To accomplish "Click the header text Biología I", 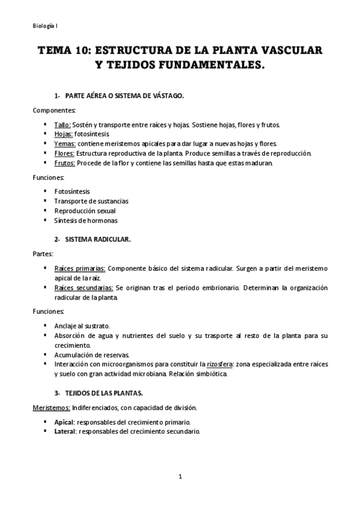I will pyautogui.click(x=45, y=25).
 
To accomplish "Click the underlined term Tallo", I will pyautogui.click(x=63, y=125).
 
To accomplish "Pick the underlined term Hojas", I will pyautogui.click(x=63, y=135).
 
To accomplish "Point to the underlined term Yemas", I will pyautogui.click(x=64, y=144).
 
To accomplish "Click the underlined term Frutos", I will pyautogui.click(x=65, y=164).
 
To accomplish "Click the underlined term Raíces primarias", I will pyautogui.click(x=80, y=268).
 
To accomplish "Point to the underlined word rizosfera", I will pyautogui.click(x=221, y=364).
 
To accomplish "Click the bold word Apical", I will pyautogui.click(x=64, y=422).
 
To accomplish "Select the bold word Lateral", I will pyautogui.click(x=65, y=432).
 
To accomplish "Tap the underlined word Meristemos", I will pyautogui.click(x=50, y=408).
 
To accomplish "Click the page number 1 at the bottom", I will pyautogui.click(x=180, y=477).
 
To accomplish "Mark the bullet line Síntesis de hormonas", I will pyautogui.click(x=78, y=221).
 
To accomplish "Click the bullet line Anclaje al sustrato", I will pyautogui.click(x=82, y=326).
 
